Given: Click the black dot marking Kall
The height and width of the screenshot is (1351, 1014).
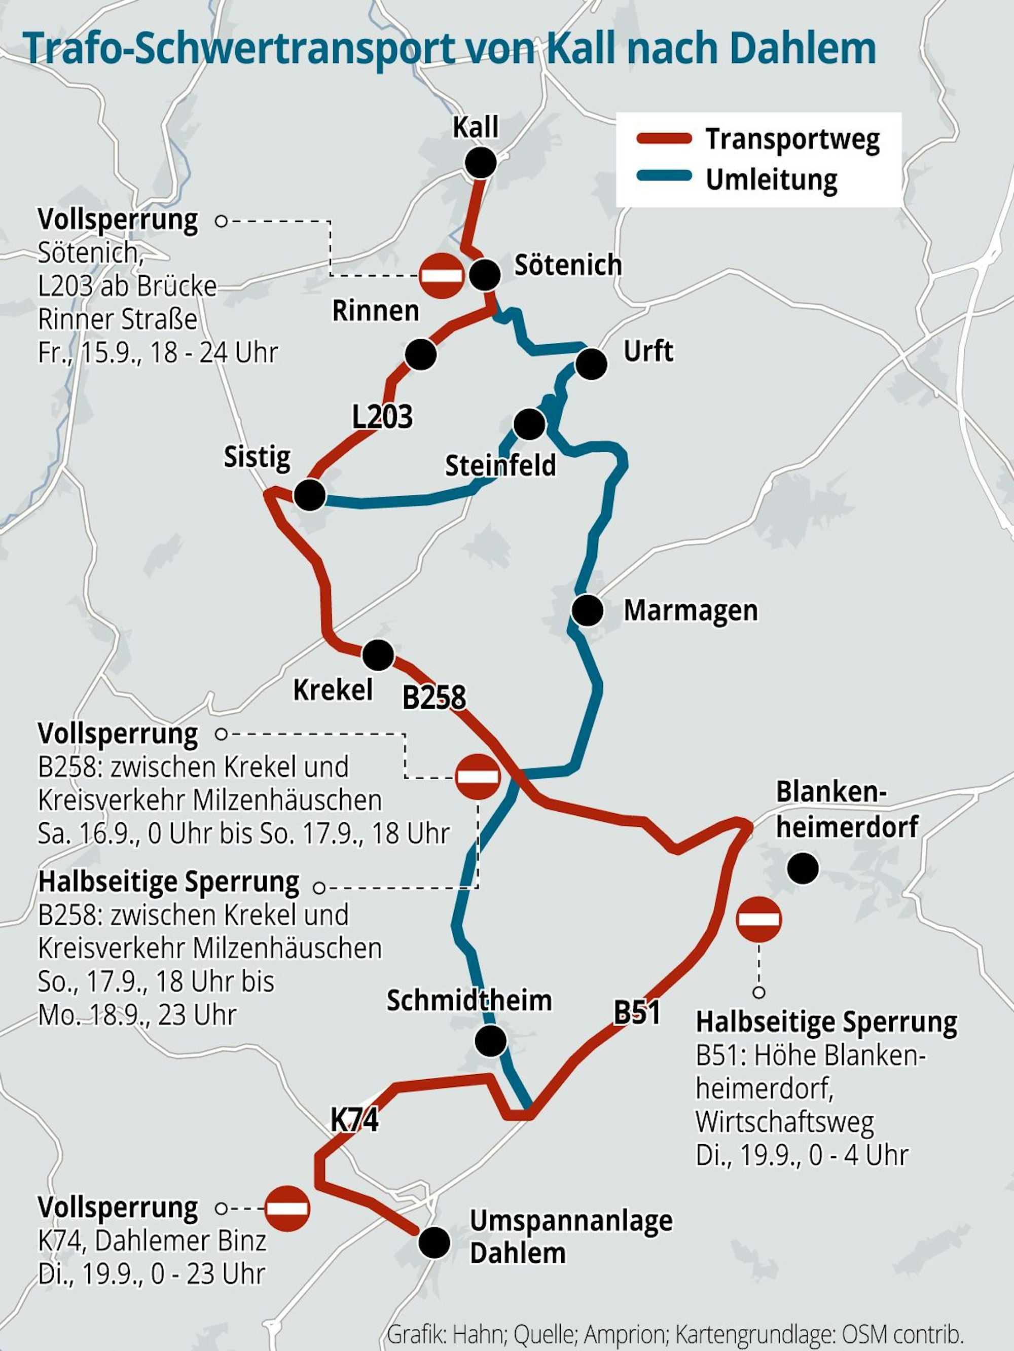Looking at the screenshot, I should pyautogui.click(x=481, y=162).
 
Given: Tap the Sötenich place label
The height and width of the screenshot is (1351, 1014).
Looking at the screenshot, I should pyautogui.click(x=568, y=265).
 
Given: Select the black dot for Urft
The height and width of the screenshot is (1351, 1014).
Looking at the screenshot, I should pyautogui.click(x=591, y=364).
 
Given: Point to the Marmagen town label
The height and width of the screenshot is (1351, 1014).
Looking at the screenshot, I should pyautogui.click(x=690, y=610).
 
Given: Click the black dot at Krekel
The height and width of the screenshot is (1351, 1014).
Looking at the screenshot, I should pyautogui.click(x=378, y=655).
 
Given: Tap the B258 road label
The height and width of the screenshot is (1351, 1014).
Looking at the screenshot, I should pyautogui.click(x=433, y=698).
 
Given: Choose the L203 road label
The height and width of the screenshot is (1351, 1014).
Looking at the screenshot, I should pyautogui.click(x=382, y=417).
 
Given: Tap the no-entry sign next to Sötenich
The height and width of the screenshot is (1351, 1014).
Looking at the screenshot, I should pyautogui.click(x=442, y=275).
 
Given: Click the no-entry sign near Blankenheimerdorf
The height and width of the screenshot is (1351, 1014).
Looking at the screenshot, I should pyautogui.click(x=758, y=919).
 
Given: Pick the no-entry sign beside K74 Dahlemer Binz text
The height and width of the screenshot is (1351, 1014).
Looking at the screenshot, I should pyautogui.click(x=287, y=1208).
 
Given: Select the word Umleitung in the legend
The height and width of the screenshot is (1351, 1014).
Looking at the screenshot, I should pyautogui.click(x=772, y=179).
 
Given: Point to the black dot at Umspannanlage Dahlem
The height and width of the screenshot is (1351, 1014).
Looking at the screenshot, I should pyautogui.click(x=434, y=1243).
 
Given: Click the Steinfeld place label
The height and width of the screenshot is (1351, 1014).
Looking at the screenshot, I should pyautogui.click(x=500, y=466).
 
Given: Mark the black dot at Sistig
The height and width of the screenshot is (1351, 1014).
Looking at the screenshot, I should pyautogui.click(x=310, y=495).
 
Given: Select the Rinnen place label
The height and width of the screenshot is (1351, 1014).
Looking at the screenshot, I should pyautogui.click(x=375, y=311).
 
